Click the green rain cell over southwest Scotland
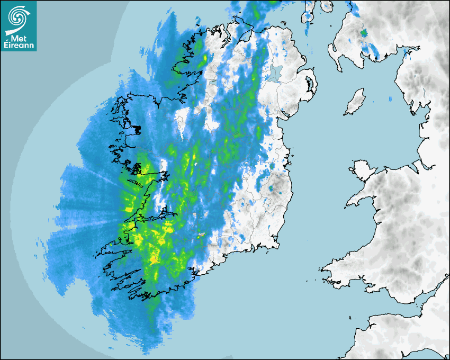click(363, 33)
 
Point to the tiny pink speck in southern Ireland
click(202, 235)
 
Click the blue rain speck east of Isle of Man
click(390, 99)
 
